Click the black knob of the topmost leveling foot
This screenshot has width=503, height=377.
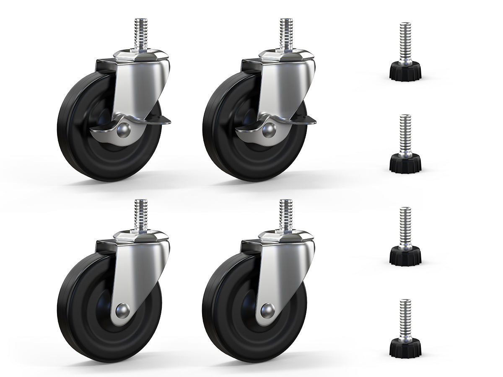405,72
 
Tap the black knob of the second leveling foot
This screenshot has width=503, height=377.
405,164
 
